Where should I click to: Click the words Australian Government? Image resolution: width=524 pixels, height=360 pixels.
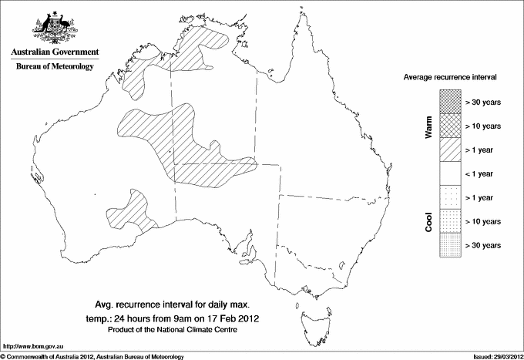[55, 52]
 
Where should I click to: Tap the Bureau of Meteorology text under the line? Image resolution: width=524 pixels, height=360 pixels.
[55, 67]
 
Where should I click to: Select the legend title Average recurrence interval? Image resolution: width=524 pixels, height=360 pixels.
[450, 78]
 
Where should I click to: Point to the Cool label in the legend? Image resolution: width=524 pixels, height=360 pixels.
[429, 221]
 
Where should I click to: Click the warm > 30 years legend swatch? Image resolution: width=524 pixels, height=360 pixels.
[448, 102]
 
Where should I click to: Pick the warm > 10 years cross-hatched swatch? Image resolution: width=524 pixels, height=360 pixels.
[448, 126]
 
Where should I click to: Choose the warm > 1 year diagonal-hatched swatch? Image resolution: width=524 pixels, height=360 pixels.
[448, 150]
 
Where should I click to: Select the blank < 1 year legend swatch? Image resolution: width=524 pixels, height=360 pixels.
[448, 173]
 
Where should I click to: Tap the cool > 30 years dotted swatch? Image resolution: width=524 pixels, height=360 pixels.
[448, 245]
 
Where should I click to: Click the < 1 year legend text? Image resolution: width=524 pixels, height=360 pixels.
[480, 174]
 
